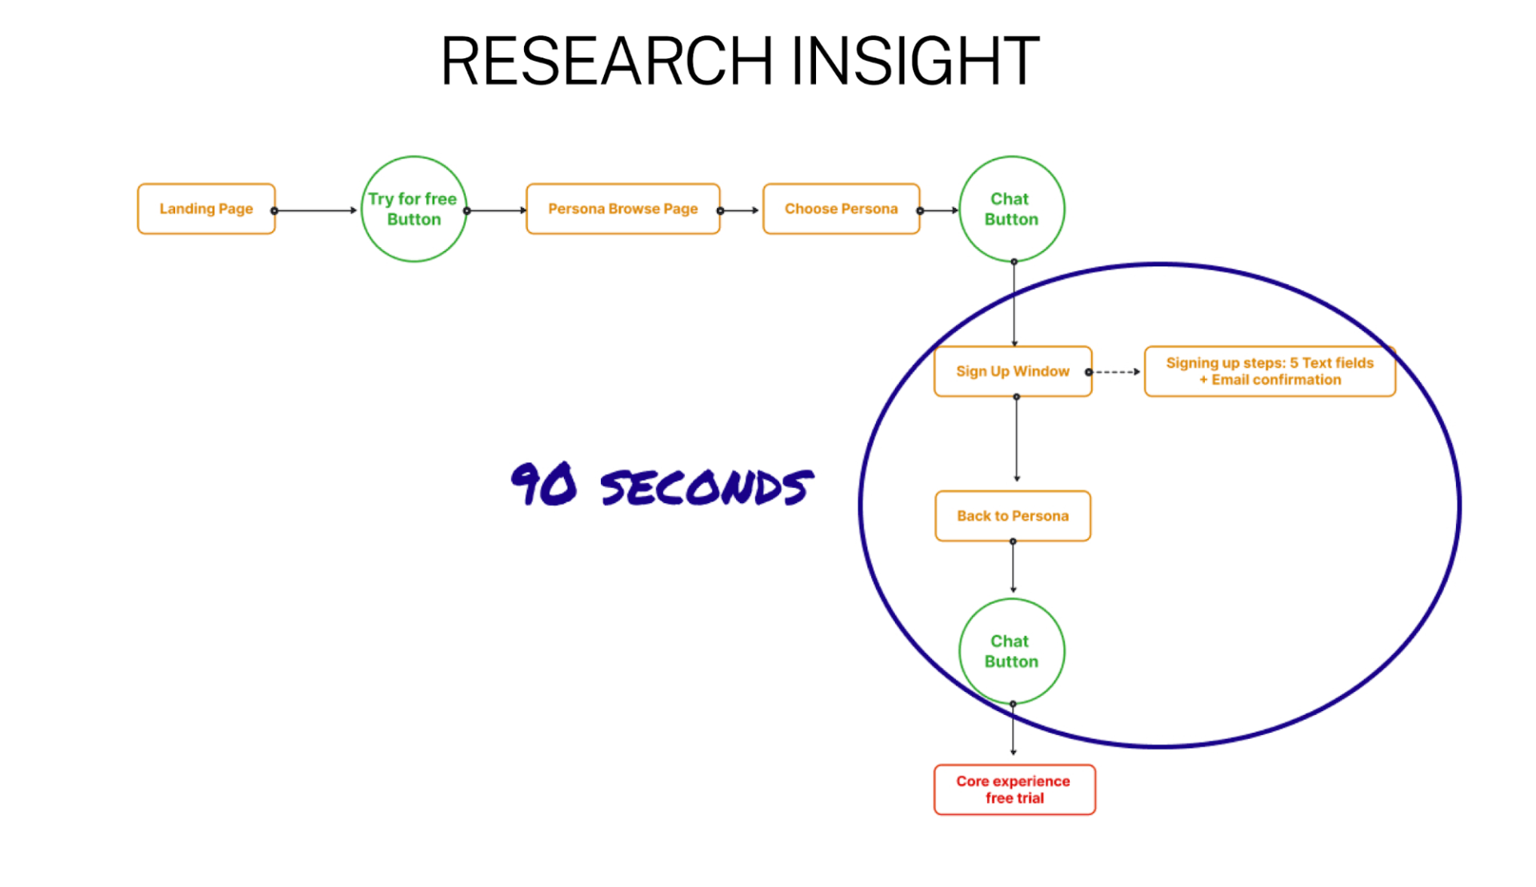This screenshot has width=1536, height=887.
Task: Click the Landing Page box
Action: pyautogui.click(x=206, y=209)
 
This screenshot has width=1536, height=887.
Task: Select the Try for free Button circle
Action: pyautogui.click(x=414, y=209)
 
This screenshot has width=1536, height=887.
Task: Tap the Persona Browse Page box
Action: pyautogui.click(x=623, y=209)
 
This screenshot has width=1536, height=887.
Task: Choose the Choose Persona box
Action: pyautogui.click(x=842, y=209)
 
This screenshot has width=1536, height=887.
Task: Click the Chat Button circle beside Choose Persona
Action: pyautogui.click(x=1012, y=209)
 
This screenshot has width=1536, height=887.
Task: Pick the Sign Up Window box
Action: pyautogui.click(x=1013, y=371)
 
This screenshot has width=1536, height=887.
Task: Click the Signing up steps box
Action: pyautogui.click(x=1270, y=371)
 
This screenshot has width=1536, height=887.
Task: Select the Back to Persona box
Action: pyautogui.click(x=1013, y=516)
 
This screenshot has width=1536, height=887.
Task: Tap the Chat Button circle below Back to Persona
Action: pyautogui.click(x=1012, y=651)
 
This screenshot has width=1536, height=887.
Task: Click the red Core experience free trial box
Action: pyautogui.click(x=1014, y=789)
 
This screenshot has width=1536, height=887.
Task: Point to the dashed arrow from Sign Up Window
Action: pyautogui.click(x=1114, y=372)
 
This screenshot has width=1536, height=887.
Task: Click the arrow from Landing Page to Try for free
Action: pyautogui.click(x=315, y=210)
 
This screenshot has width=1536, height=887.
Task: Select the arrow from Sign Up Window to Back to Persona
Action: pyautogui.click(x=1017, y=438)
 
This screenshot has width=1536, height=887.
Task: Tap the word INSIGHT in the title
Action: pyautogui.click(x=915, y=61)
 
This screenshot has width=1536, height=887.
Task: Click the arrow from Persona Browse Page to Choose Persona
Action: pyautogui.click(x=738, y=210)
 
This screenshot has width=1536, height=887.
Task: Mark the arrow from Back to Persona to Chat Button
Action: pyautogui.click(x=1013, y=566)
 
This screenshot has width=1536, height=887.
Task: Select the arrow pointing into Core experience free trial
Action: pyautogui.click(x=1013, y=729)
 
